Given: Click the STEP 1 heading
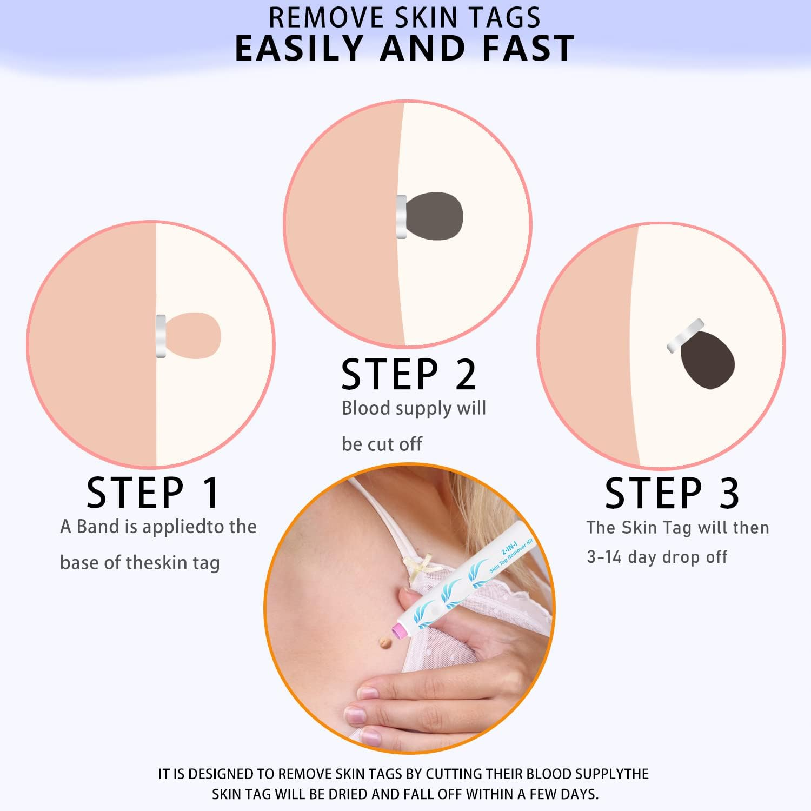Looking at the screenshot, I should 152,493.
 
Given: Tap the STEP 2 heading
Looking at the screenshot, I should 408,374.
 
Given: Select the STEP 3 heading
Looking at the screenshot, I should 672,493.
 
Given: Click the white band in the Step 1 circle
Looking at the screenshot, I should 161,336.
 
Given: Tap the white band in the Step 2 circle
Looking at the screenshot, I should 401,216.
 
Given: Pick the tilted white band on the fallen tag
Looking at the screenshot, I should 685,336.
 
